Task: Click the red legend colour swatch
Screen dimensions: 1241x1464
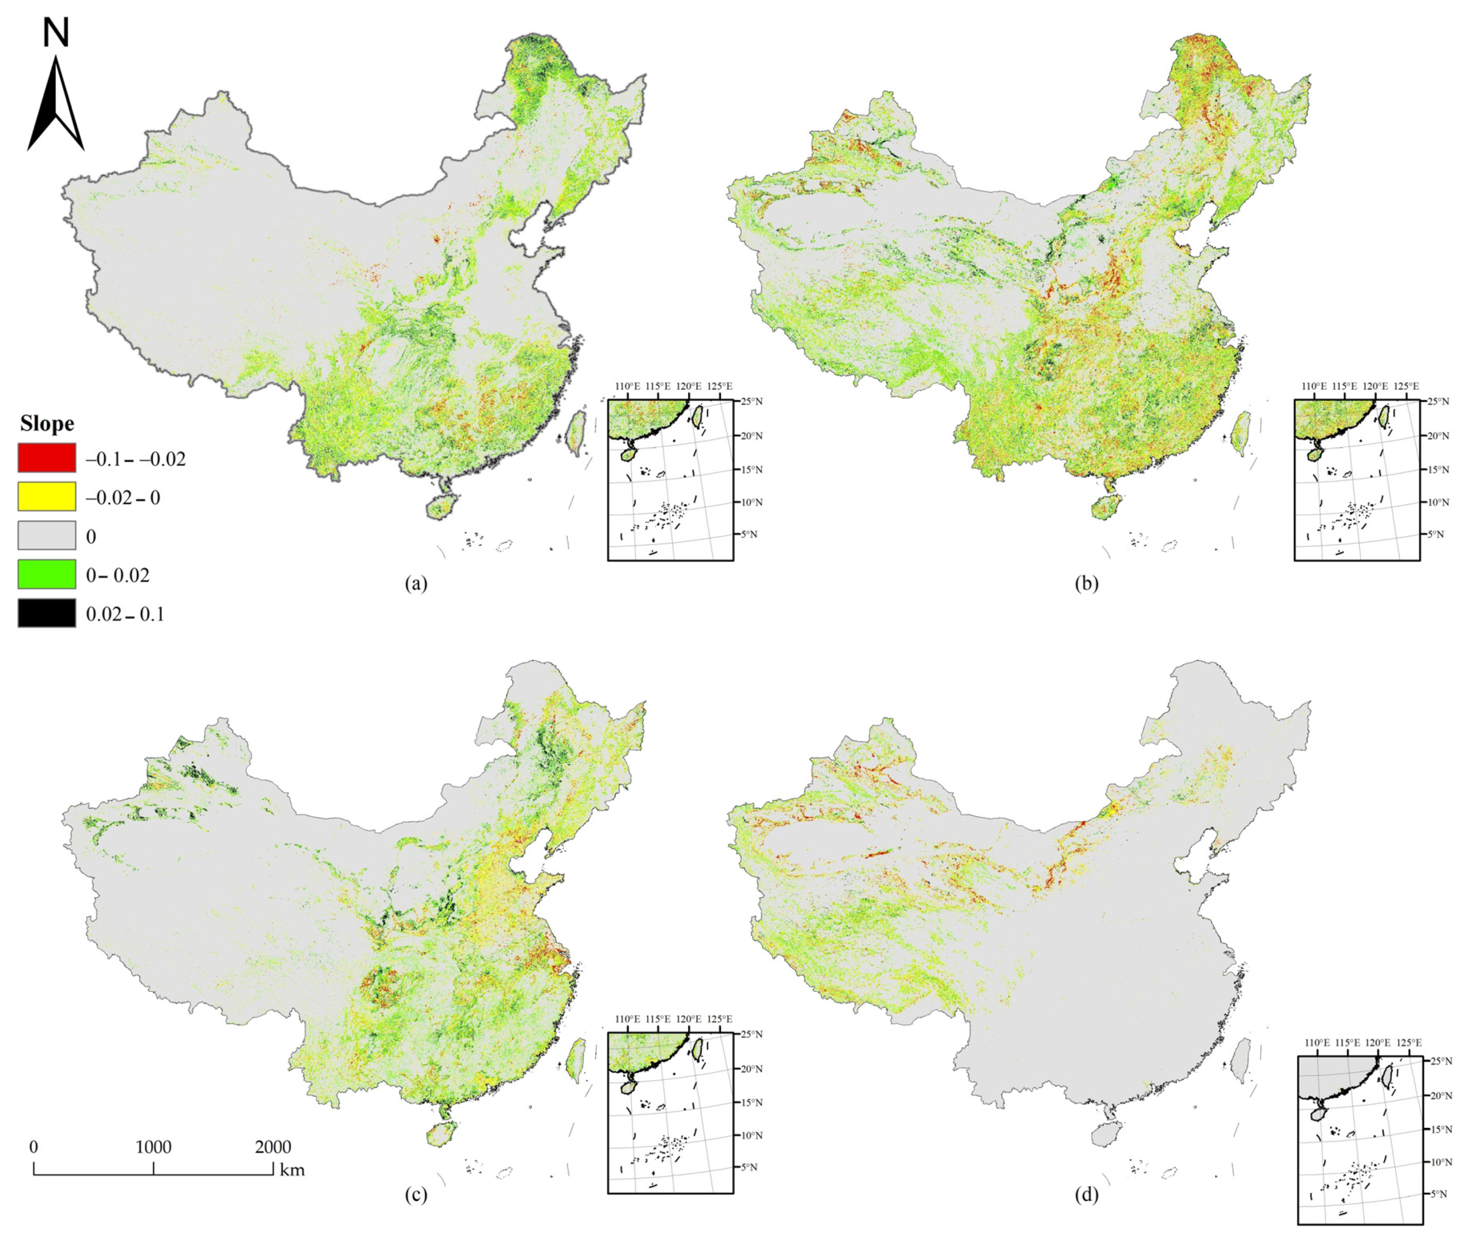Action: pyautogui.click(x=47, y=458)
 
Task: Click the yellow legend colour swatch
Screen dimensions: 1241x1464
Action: pyautogui.click(x=47, y=497)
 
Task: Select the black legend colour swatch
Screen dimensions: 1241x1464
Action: pyautogui.click(x=47, y=613)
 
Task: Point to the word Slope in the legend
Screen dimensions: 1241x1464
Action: pyautogui.click(x=47, y=423)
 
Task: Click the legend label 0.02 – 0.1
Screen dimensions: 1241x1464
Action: pyautogui.click(x=124, y=614)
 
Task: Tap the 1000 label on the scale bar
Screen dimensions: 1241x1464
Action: pyautogui.click(x=153, y=1147)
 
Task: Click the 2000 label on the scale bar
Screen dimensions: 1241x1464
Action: pyautogui.click(x=273, y=1147)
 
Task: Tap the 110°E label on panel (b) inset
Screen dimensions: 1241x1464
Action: pyautogui.click(x=1314, y=386)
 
